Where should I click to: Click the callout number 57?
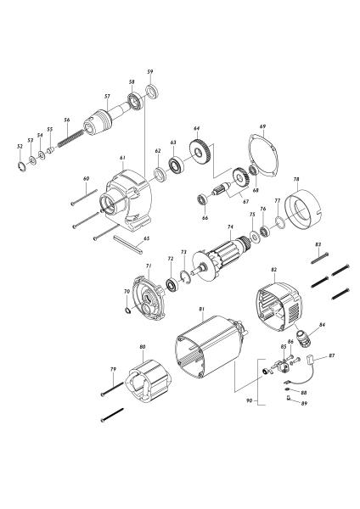(106, 97)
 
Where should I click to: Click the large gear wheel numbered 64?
(201, 154)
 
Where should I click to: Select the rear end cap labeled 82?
(281, 309)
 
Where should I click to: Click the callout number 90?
(248, 398)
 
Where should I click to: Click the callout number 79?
(112, 369)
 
